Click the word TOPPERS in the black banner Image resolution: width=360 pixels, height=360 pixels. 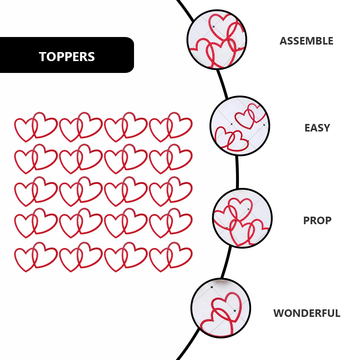pyautogui.click(x=67, y=57)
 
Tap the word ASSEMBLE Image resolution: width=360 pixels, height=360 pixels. pyautogui.click(x=306, y=41)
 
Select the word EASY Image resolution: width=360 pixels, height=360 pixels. pyautogui.click(x=317, y=128)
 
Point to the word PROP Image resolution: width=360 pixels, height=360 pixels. pyautogui.click(x=317, y=220)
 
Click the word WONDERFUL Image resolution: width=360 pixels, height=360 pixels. pyautogui.click(x=306, y=313)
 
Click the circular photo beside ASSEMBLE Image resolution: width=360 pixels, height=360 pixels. pyautogui.click(x=217, y=39)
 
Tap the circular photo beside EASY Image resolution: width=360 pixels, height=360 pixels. pyautogui.click(x=240, y=126)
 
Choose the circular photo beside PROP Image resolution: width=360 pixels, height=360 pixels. pyautogui.click(x=242, y=218)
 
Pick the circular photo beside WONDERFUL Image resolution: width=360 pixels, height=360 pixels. pyautogui.click(x=221, y=308)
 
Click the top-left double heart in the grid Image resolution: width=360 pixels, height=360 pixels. pyautogui.click(x=36, y=127)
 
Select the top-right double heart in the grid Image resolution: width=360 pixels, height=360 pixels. pyautogui.click(x=171, y=127)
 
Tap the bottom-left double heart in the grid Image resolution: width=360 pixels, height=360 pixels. pyautogui.click(x=36, y=257)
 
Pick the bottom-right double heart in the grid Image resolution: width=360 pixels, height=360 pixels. pyautogui.click(x=171, y=257)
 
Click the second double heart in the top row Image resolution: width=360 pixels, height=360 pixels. pyautogui.click(x=81, y=127)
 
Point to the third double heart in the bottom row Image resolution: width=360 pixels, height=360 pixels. pyautogui.click(x=126, y=257)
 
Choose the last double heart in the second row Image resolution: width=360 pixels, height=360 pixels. pyautogui.click(x=171, y=159)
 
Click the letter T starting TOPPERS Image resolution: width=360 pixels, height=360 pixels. pyautogui.click(x=42, y=57)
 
